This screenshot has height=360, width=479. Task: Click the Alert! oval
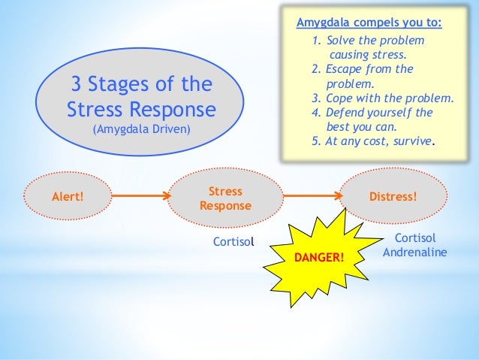pos(67,198)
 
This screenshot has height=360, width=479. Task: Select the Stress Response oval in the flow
pos(225,198)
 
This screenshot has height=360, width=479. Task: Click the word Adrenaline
pos(414,252)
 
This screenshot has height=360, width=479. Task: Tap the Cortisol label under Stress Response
pos(235,242)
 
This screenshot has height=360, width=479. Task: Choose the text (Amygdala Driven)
pos(141,129)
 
